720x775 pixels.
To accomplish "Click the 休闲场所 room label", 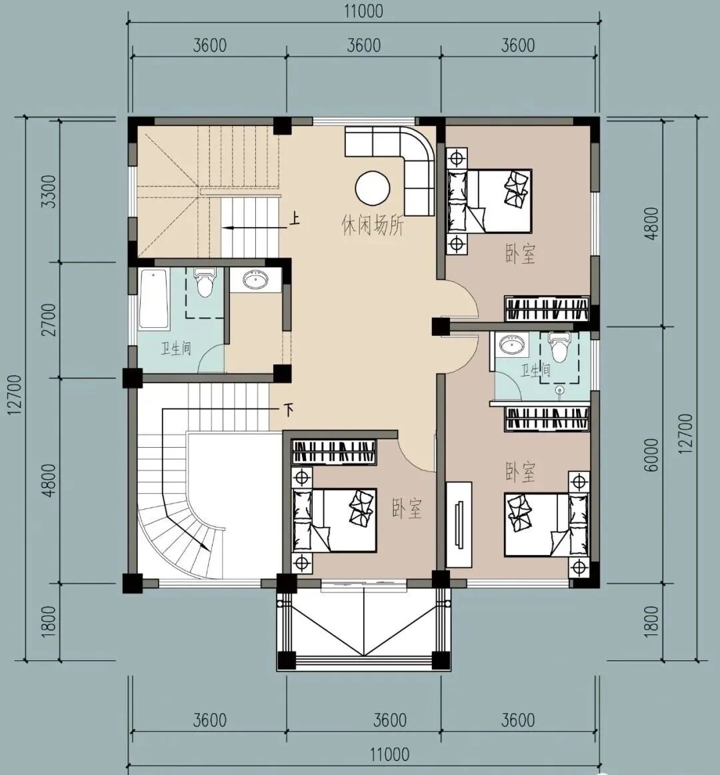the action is (x=373, y=226).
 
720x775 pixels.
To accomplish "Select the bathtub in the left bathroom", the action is (x=153, y=299).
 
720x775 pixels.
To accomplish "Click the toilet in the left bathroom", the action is (x=204, y=282).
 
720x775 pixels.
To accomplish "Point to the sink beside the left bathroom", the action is (x=255, y=281).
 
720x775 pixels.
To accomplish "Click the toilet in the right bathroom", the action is (x=559, y=347).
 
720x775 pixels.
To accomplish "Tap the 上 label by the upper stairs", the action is (x=294, y=219).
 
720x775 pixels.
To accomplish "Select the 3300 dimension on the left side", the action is (x=49, y=191).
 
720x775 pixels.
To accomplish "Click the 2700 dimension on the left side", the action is (x=49, y=320).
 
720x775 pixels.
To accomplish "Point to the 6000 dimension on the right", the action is (x=652, y=454).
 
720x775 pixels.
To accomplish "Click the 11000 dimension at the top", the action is (x=364, y=11).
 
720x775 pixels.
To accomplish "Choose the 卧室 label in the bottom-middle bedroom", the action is (x=407, y=508).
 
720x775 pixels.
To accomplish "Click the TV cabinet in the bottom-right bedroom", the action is (x=459, y=524).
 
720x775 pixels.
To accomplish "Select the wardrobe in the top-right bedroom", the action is (x=547, y=309).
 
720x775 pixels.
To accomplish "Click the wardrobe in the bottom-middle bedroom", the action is (x=334, y=452).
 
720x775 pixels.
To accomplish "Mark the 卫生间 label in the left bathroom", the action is (x=176, y=349).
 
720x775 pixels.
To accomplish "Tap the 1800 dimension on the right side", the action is (x=652, y=621).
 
